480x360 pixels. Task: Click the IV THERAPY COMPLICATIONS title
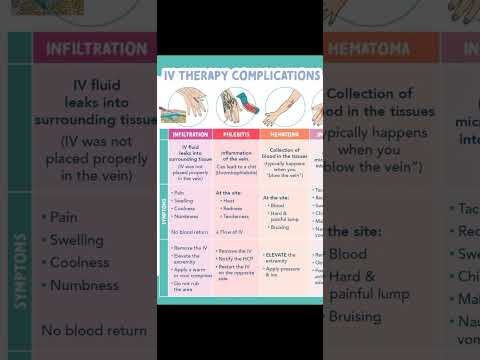(x=240, y=75)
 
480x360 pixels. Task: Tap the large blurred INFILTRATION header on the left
(x=90, y=47)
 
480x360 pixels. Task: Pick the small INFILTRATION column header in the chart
(x=190, y=134)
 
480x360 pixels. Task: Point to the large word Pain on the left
(x=64, y=216)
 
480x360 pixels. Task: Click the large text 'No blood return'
(x=94, y=331)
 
